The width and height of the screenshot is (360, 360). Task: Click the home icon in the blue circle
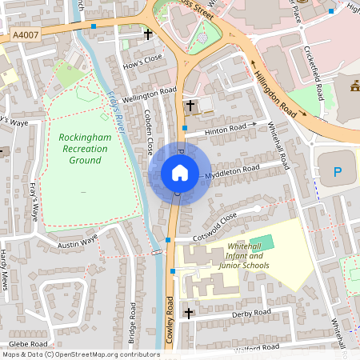(x=180, y=173)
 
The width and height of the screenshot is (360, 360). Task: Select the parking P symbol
(x=337, y=171)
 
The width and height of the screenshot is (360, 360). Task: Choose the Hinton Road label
(x=226, y=128)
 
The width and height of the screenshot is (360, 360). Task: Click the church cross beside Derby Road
(x=190, y=312)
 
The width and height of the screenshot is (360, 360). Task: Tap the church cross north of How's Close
(x=147, y=34)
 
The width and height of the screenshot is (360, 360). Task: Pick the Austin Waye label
(x=78, y=238)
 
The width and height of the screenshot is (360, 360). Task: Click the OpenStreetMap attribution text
(x=80, y=354)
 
